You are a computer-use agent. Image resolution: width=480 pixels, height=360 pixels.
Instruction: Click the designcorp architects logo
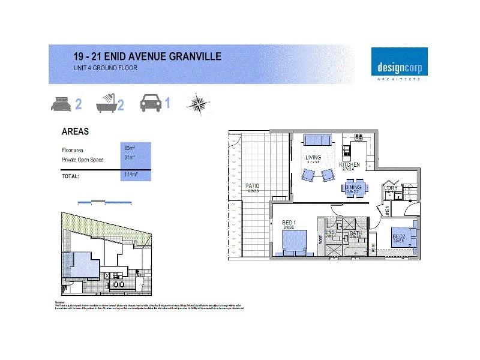(x=399, y=64)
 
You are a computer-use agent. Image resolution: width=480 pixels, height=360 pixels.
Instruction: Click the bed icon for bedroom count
(x=61, y=104)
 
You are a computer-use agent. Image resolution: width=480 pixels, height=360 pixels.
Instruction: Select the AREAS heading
(x=75, y=132)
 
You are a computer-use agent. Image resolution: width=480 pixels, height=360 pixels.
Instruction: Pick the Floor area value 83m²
(x=129, y=147)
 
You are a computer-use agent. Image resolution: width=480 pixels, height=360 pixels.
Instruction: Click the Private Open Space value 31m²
(x=129, y=157)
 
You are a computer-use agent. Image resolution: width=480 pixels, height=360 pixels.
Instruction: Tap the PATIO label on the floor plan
(x=253, y=186)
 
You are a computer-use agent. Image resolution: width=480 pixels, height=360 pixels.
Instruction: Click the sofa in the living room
(x=318, y=140)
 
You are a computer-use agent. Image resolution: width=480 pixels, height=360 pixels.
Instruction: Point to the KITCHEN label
(x=349, y=164)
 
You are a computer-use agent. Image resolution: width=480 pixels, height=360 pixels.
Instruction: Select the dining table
(x=353, y=190)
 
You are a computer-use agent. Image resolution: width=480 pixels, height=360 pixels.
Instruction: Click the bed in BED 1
(x=296, y=243)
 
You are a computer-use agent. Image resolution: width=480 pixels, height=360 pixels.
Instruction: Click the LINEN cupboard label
(x=388, y=211)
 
